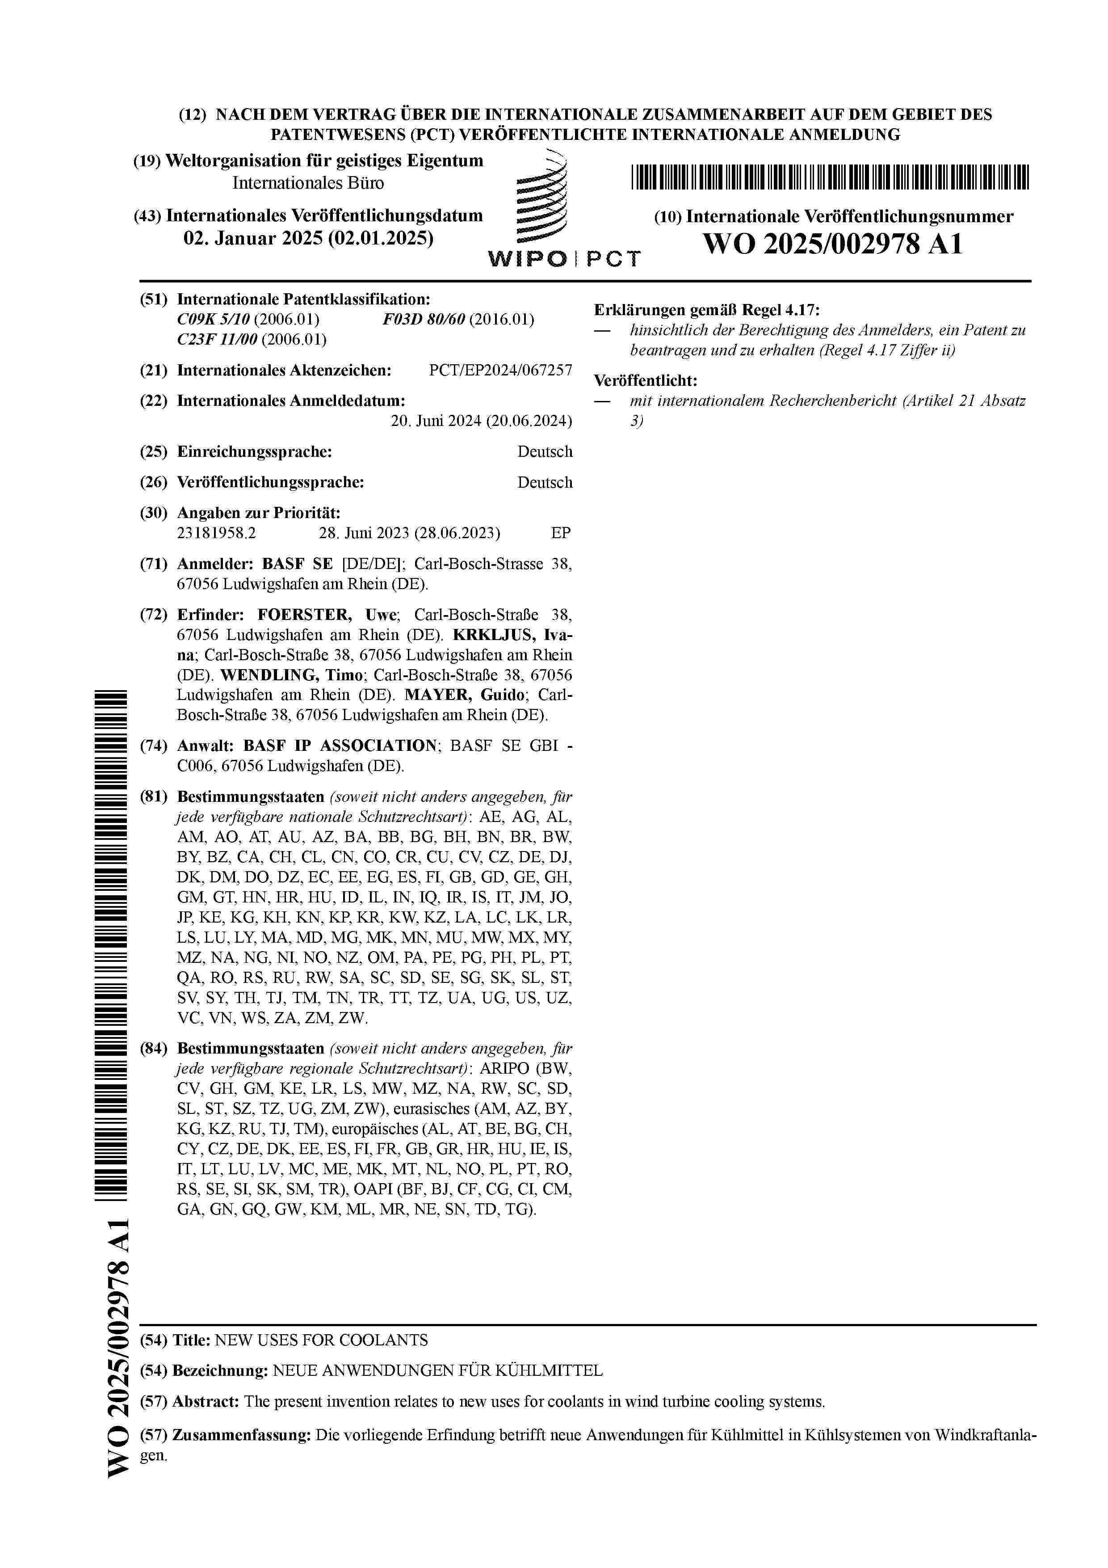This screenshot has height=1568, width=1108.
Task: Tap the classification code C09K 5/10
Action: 214,320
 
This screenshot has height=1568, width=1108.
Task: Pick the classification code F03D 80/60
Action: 423,320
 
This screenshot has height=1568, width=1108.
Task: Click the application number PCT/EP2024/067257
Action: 500,370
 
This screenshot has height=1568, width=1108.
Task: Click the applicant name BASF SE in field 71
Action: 297,564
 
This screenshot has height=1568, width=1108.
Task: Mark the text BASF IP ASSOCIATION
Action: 339,745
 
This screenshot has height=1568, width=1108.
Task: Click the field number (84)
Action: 154,1048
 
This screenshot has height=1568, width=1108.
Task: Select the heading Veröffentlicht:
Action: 645,380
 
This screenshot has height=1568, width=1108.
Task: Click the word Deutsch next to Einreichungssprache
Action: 545,451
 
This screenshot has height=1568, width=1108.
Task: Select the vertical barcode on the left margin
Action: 115,956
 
